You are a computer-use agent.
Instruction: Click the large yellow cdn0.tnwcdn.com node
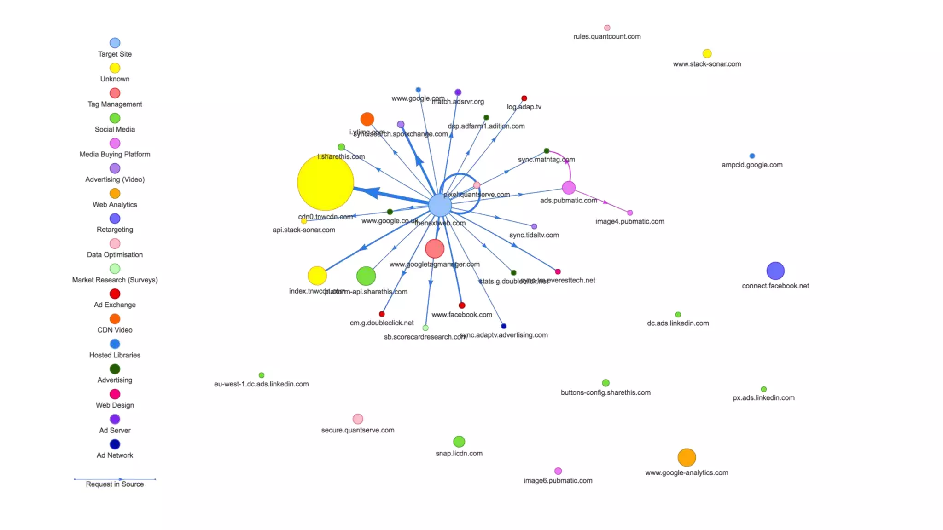(x=325, y=182)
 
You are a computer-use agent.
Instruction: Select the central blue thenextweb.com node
(x=440, y=205)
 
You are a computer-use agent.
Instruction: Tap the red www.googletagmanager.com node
(x=434, y=249)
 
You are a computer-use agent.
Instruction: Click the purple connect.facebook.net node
(x=775, y=271)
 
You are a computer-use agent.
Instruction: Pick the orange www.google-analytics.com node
(x=687, y=458)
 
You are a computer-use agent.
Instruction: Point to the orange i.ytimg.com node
(x=367, y=119)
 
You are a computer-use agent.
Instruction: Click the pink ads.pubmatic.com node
(x=569, y=188)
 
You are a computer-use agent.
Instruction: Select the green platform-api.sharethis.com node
(x=366, y=276)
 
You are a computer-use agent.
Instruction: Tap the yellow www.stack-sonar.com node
(x=707, y=54)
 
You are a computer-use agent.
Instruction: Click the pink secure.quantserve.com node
(x=358, y=419)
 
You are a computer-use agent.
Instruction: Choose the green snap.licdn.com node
(x=459, y=442)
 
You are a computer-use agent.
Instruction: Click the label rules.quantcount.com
(x=607, y=37)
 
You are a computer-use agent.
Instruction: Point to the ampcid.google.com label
(x=752, y=165)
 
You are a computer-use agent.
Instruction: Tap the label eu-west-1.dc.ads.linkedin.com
(x=261, y=384)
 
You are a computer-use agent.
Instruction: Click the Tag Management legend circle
(x=115, y=93)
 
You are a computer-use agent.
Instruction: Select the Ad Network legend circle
(x=115, y=444)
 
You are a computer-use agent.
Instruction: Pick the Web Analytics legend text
(x=115, y=205)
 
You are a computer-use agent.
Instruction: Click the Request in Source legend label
(x=115, y=484)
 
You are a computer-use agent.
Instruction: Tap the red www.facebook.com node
(x=462, y=305)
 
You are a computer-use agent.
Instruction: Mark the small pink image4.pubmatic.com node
(x=630, y=213)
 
